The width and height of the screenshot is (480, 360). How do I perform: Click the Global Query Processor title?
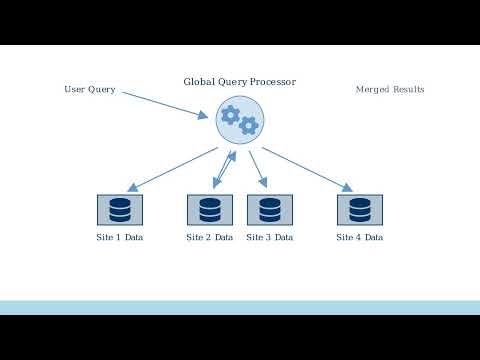point(239,81)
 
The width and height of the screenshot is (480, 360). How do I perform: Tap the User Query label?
point(89,90)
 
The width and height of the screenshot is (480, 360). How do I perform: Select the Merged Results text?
point(390,90)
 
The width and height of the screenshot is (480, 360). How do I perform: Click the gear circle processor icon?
point(239,120)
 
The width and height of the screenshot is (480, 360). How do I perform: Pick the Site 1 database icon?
point(120,210)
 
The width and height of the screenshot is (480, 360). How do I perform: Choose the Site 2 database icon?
point(210,210)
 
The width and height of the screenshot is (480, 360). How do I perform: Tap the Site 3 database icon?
point(269,210)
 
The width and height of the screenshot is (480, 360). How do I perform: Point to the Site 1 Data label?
point(120,238)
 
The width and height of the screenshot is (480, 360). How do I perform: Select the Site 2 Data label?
point(210,238)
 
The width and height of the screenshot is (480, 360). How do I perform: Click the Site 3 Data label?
point(269,238)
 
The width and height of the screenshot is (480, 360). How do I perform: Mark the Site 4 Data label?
point(359,238)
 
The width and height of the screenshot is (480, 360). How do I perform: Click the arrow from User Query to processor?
point(166,102)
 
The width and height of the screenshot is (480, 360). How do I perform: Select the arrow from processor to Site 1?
point(172,169)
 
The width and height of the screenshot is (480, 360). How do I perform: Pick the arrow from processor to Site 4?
point(306,169)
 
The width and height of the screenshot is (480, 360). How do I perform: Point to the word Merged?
point(373,90)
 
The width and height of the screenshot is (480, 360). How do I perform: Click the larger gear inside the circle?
point(230,115)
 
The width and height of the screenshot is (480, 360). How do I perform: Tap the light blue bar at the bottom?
point(239,307)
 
